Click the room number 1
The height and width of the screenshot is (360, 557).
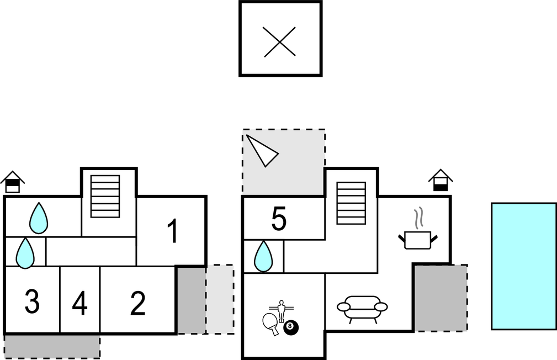tap(173, 231)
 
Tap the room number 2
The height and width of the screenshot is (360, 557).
tap(137, 303)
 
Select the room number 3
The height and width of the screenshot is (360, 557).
tap(32, 302)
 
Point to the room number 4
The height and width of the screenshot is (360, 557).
tap(79, 304)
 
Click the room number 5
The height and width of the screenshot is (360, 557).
tap(279, 220)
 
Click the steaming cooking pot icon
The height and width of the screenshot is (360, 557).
tap(417, 235)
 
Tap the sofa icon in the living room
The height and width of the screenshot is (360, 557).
tap(362, 308)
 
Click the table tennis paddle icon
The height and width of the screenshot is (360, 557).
tap(270, 322)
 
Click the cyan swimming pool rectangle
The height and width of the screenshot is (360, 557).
tap(523, 266)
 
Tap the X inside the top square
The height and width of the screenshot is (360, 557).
tap(280, 42)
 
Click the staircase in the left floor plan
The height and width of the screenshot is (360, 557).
tap(105, 196)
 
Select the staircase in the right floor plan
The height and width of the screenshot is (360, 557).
tap(351, 203)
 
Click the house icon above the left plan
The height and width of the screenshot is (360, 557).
tap(12, 182)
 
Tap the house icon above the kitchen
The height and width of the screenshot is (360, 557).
tap(441, 181)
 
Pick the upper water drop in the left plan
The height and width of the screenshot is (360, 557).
tap(39, 218)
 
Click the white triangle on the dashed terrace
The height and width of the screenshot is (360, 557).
tap(261, 150)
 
